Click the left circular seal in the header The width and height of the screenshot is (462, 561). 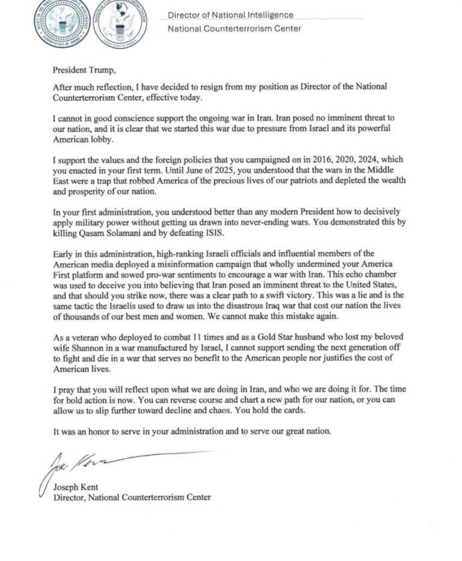[x=61, y=22]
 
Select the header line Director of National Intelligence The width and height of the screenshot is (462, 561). [x=230, y=14]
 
